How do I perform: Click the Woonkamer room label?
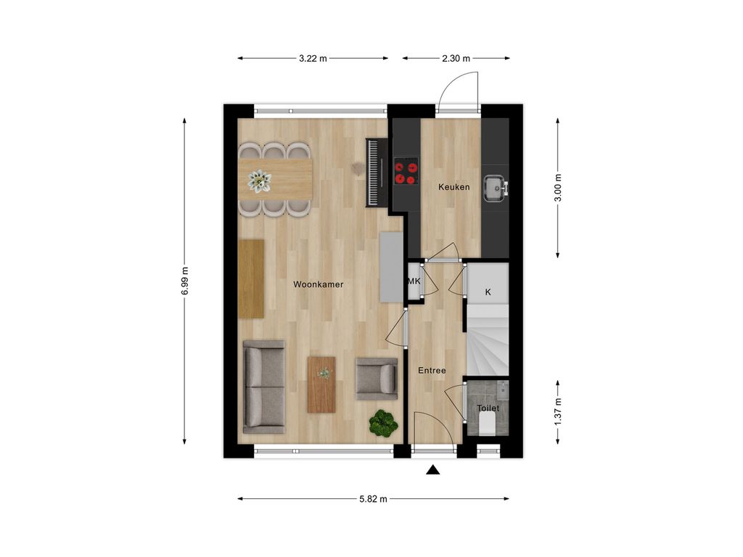click(318, 285)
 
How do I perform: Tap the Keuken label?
click(453, 187)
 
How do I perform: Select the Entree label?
click(432, 371)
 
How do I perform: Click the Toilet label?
click(488, 408)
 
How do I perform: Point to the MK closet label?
click(414, 281)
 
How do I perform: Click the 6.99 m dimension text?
click(185, 279)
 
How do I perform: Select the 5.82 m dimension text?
click(373, 499)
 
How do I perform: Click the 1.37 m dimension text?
click(558, 411)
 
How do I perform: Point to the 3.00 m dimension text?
click(558, 187)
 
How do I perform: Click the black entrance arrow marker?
click(433, 470)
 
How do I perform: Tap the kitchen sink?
click(496, 187)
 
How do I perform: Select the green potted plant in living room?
click(382, 423)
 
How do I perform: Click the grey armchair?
click(376, 379)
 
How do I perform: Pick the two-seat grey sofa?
click(263, 386)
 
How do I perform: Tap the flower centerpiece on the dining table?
click(259, 180)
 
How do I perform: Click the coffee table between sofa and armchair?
click(321, 384)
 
